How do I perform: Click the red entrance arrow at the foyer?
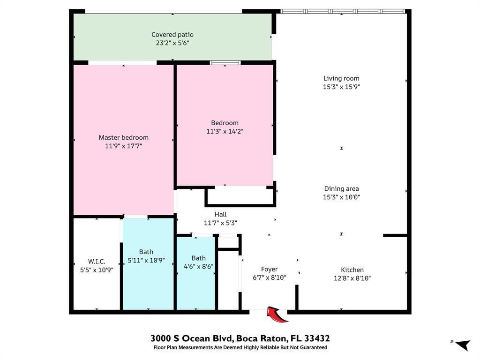click(x=277, y=315)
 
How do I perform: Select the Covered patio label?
click(x=172, y=35)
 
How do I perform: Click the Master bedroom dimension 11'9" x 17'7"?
click(x=123, y=146)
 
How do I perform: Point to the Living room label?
click(x=341, y=78)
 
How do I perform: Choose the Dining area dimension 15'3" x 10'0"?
click(x=341, y=197)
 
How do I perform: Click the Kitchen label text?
click(x=352, y=270)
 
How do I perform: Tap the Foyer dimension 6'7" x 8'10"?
click(x=269, y=277)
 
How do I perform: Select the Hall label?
click(x=220, y=214)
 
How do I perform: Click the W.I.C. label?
click(x=97, y=261)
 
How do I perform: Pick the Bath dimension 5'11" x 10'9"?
click(x=146, y=260)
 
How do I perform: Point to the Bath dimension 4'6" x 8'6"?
click(x=198, y=266)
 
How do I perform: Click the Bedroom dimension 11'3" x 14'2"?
click(x=225, y=131)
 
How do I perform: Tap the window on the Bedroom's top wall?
click(x=225, y=63)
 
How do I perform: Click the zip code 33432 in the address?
click(x=317, y=338)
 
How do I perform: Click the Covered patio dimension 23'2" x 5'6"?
click(x=172, y=43)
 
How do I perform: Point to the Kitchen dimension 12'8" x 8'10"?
click(x=352, y=278)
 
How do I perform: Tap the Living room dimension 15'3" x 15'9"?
click(x=341, y=87)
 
